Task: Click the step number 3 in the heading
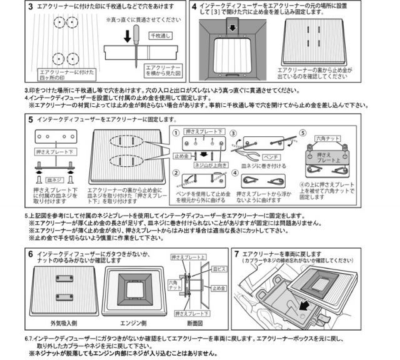point(31,7)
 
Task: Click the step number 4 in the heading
point(194,7)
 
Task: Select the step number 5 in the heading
point(31,119)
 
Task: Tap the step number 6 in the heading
point(31,254)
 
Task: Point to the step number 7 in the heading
point(236,254)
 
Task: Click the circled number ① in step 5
point(177,133)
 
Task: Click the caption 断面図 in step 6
point(196,324)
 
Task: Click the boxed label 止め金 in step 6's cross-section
point(218,288)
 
